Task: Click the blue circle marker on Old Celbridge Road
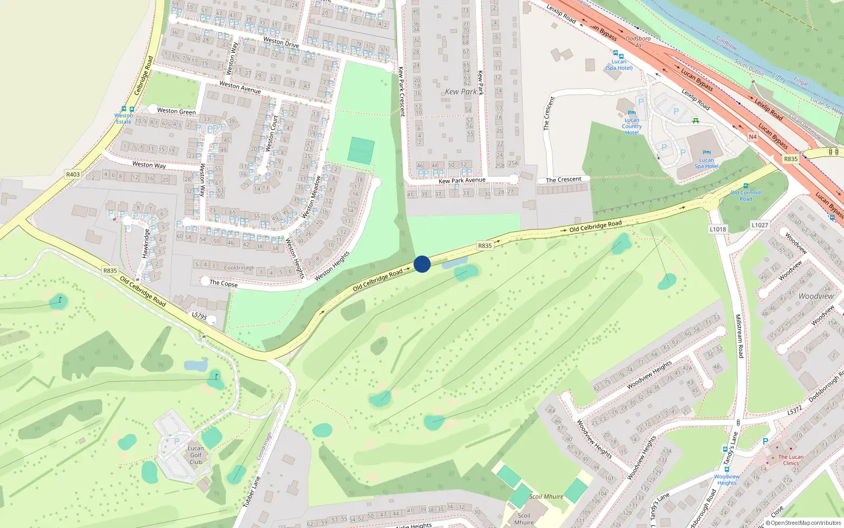[x=422, y=264]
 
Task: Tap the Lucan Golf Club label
[x=196, y=455]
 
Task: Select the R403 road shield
[x=73, y=174]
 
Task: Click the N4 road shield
[x=753, y=137]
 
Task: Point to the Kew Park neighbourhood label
[x=461, y=91]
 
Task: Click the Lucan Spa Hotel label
[x=706, y=163]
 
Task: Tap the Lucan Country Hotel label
[x=631, y=126]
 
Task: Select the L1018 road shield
[x=717, y=229]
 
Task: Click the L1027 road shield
[x=760, y=225]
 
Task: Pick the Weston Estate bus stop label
[x=123, y=118]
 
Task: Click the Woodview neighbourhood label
[x=816, y=296]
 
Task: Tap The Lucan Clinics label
[x=791, y=460]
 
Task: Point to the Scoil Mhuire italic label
[x=546, y=496]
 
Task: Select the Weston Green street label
[x=176, y=111]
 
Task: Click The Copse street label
[x=224, y=283]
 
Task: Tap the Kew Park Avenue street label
[x=462, y=180]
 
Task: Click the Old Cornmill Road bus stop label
[x=745, y=195]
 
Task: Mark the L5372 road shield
[x=794, y=410]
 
